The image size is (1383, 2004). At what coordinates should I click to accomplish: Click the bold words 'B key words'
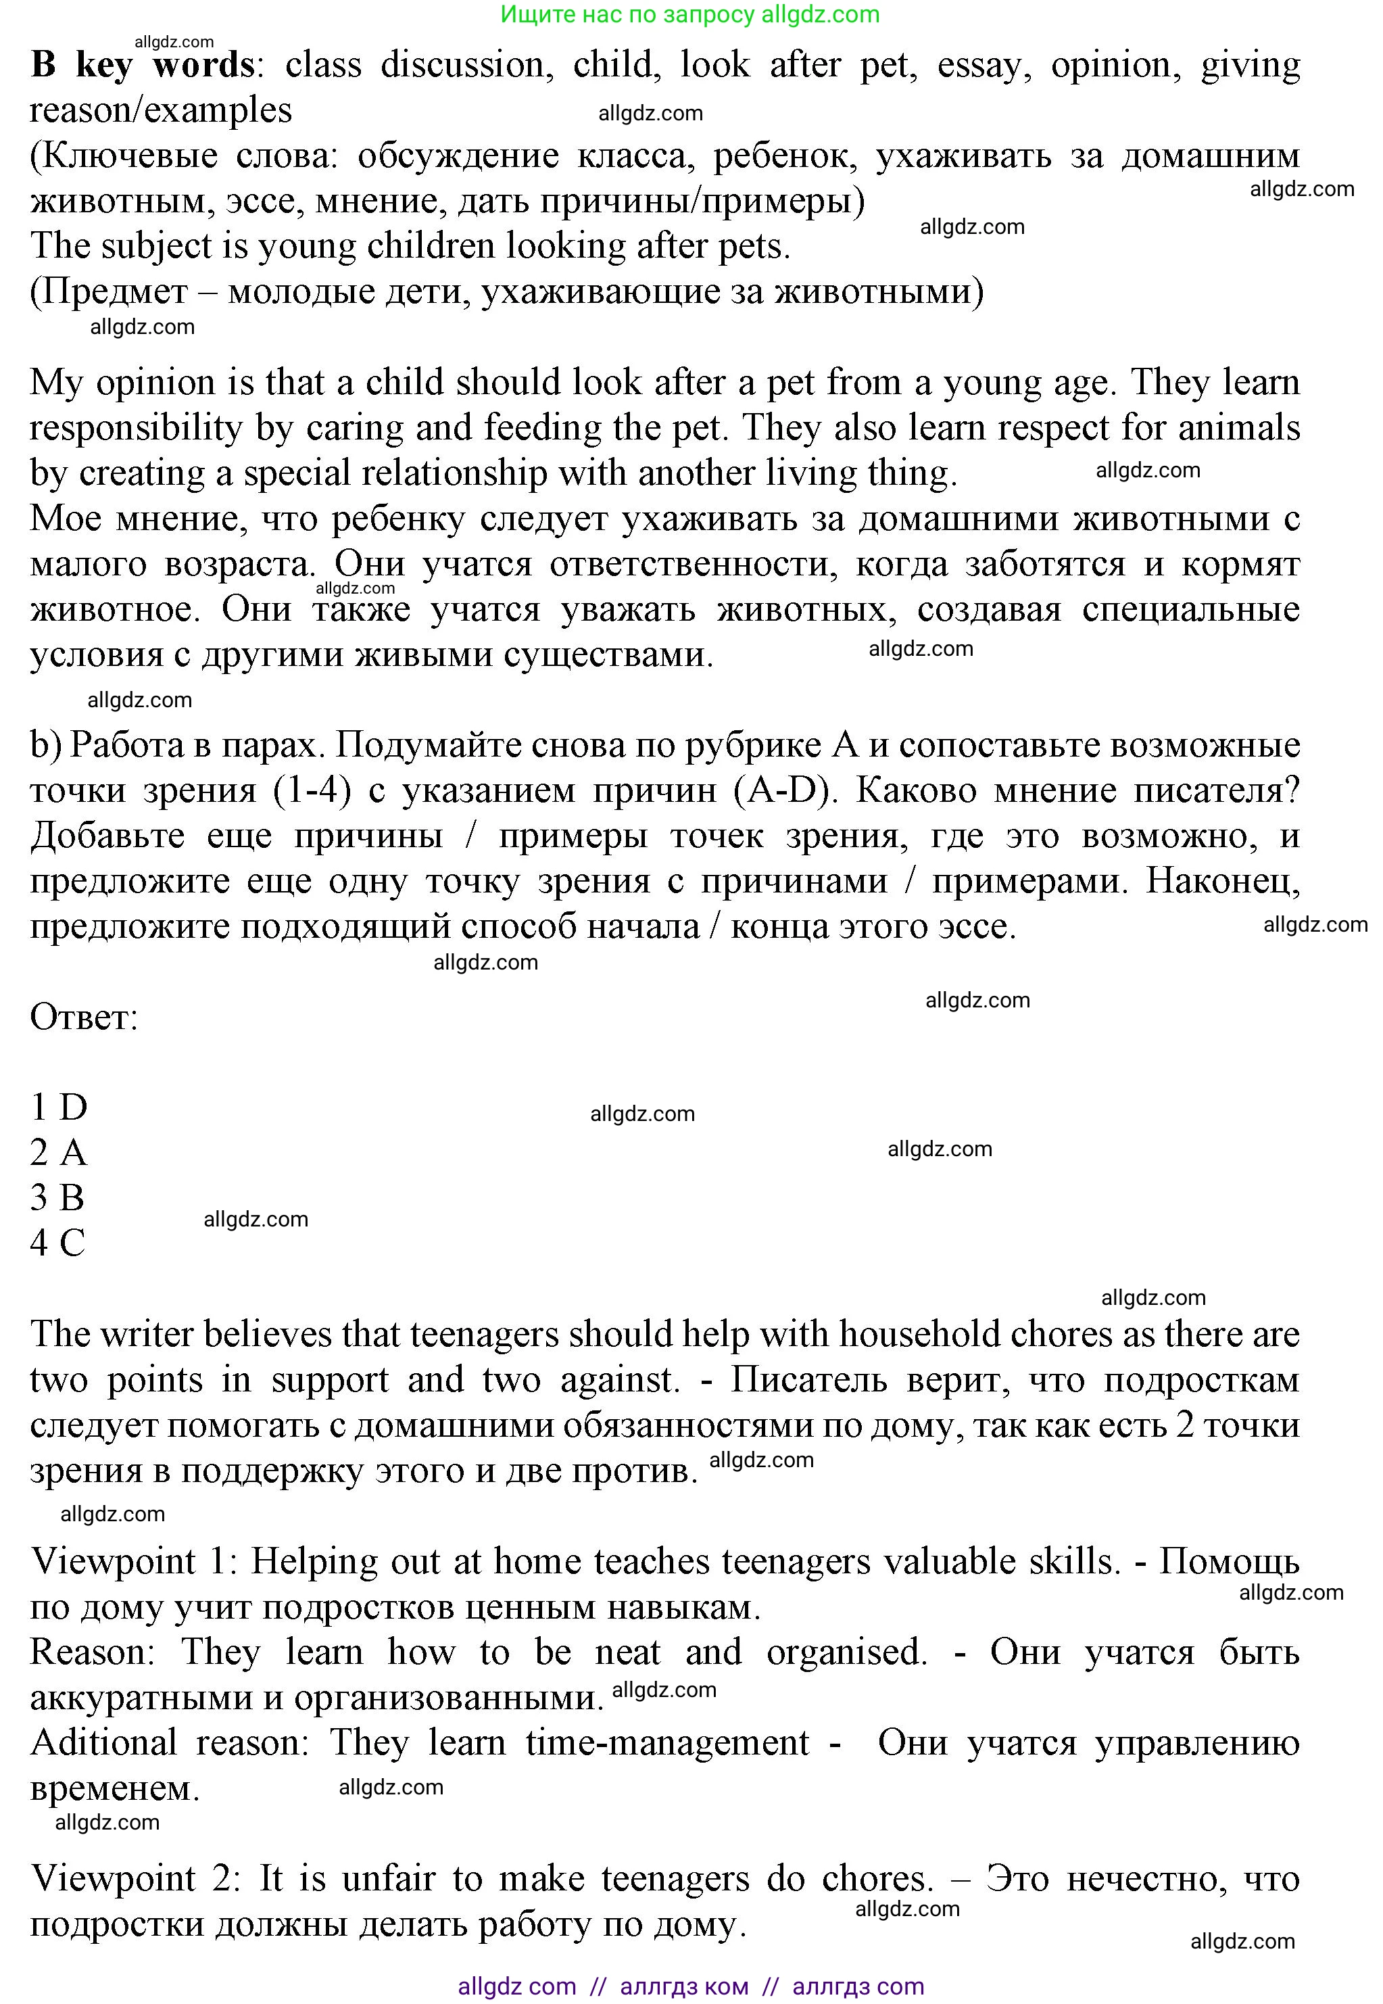(x=143, y=65)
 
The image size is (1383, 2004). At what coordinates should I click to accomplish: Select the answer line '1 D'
(x=59, y=1107)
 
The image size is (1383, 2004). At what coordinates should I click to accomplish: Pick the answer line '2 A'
(x=59, y=1153)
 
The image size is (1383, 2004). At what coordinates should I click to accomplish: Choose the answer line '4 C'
(x=58, y=1243)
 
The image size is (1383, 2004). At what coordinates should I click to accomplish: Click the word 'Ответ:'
(x=84, y=1017)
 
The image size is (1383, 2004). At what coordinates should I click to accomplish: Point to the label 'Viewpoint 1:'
(x=135, y=1562)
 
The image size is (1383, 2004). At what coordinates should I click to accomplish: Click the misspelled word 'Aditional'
(x=104, y=1743)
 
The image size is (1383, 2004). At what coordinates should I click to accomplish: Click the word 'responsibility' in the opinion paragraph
(x=135, y=428)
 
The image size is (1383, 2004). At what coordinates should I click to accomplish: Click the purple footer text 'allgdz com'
(x=516, y=1986)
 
